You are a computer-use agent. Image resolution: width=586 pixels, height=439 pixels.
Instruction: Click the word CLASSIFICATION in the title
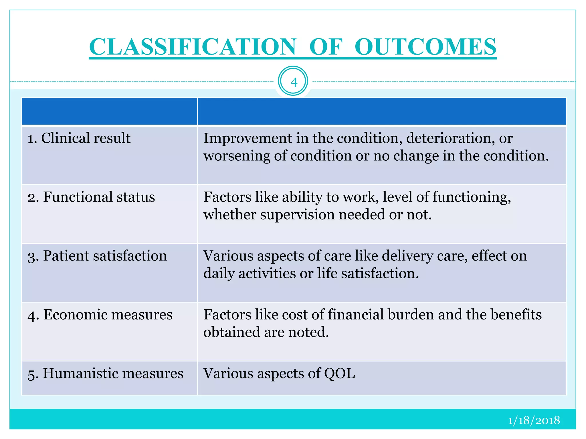(193, 47)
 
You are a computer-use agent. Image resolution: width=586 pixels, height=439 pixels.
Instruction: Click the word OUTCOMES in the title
(425, 47)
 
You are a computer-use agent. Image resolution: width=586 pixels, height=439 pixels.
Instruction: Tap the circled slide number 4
(293, 82)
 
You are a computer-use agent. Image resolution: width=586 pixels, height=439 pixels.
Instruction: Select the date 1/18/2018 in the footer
(534, 420)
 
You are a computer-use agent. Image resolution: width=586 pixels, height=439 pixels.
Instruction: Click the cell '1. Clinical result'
(79, 138)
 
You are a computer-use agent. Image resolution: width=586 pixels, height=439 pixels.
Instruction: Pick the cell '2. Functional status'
(91, 197)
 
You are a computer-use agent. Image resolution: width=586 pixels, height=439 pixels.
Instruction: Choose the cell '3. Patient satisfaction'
(97, 256)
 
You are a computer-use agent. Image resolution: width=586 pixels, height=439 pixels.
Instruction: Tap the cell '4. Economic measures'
(100, 315)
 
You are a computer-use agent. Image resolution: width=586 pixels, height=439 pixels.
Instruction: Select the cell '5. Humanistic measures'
(106, 374)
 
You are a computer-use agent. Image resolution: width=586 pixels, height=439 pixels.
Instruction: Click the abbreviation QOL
(339, 374)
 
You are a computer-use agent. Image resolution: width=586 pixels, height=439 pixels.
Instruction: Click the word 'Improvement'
(248, 138)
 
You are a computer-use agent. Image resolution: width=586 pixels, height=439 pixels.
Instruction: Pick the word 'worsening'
(237, 156)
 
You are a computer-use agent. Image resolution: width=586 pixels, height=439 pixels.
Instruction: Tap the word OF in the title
(326, 47)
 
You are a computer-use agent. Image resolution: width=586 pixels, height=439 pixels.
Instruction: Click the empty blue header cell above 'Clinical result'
(109, 111)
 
